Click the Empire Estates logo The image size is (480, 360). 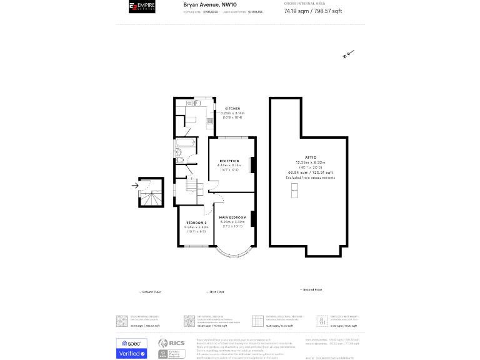141,7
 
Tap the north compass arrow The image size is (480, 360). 349,54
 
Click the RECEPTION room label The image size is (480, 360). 229,161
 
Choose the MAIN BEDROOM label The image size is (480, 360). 232,217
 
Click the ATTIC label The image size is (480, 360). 311,157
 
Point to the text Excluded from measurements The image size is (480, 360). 311,177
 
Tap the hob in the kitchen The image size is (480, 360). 210,121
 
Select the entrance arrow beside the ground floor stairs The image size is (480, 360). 136,186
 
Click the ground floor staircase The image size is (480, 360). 150,197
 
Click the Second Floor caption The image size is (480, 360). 311,289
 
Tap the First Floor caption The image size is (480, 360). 216,292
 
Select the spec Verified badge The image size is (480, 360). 131,348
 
